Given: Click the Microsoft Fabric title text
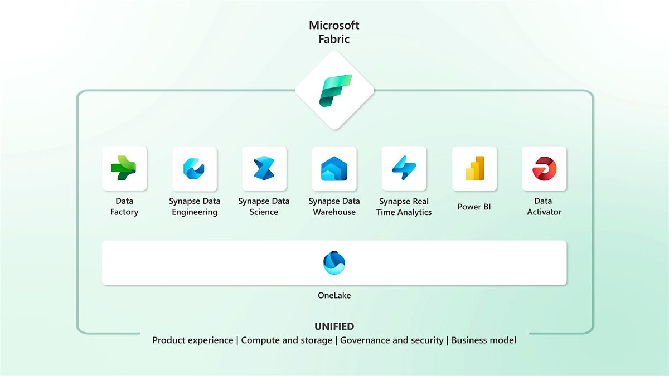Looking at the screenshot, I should point(334,31).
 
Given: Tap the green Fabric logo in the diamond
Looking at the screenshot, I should point(334,90).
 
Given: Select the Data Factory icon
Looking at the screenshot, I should point(124,168).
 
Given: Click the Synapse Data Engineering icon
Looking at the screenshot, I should point(194,169).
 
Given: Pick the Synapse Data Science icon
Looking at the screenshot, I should point(264,168).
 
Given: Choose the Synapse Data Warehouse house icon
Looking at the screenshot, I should point(334,169).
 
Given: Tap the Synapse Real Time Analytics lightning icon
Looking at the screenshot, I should point(404,168).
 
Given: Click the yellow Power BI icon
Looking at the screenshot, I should point(474,169).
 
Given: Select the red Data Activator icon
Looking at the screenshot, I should point(544,168).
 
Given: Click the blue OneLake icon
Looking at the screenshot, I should point(334,263).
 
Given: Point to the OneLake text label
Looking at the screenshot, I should point(334,295).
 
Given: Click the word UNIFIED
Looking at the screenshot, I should point(334,326).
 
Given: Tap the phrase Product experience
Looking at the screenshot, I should point(193,340).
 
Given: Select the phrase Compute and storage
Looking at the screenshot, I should point(287,340).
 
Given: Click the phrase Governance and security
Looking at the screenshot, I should point(392,340).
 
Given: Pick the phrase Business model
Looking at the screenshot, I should point(484,340).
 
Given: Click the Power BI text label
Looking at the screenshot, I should point(473,207).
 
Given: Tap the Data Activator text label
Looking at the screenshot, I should point(544,206).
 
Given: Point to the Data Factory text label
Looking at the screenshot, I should point(124,206).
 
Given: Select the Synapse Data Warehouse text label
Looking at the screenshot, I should point(334,206).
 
